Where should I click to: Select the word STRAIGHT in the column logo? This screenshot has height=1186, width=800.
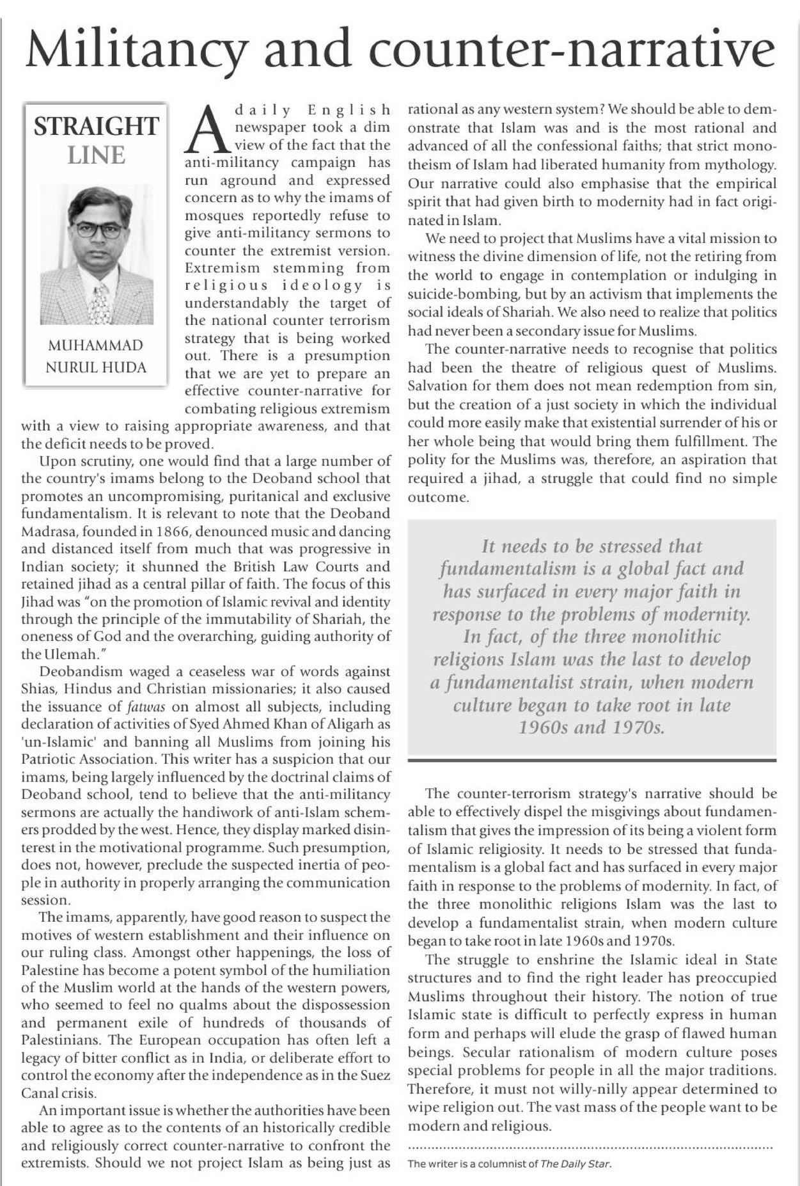[x=96, y=126]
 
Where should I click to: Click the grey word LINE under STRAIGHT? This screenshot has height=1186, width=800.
[x=96, y=155]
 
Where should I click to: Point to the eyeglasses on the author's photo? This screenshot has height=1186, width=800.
[x=97, y=229]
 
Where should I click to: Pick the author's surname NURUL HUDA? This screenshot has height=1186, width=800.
[x=96, y=368]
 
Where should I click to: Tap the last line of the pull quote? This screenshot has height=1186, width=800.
[x=592, y=728]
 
